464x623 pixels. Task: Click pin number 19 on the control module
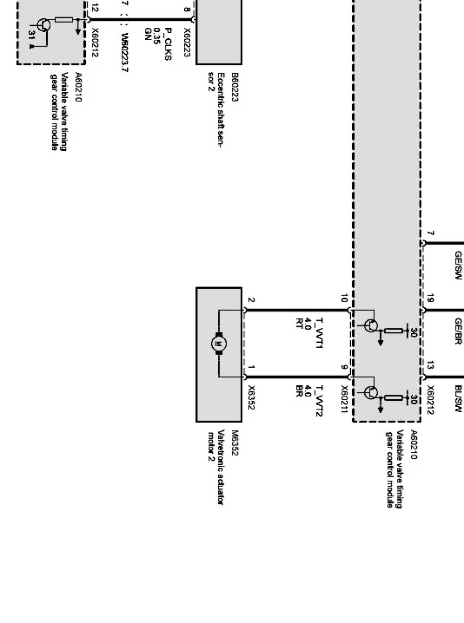pos(430,299)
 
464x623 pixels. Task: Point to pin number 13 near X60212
pos(430,366)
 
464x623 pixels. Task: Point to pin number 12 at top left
pos(95,8)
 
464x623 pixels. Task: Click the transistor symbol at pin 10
pos(371,326)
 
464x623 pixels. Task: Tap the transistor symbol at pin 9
pos(371,392)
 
